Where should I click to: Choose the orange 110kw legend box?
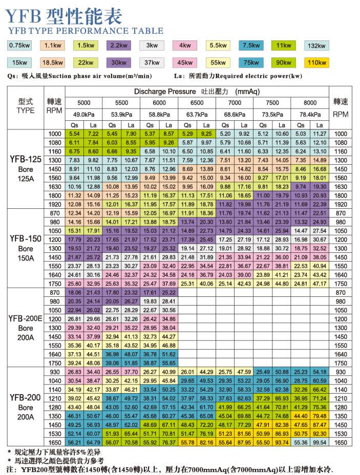(x=317, y=62)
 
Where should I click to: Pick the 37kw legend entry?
(x=151, y=62)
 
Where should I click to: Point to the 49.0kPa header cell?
(x=83, y=113)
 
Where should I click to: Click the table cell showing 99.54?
(x=320, y=442)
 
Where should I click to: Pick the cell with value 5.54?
(x=74, y=134)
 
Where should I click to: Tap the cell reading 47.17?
(x=320, y=283)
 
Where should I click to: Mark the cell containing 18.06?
(x=74, y=292)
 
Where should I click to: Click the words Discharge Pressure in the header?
(x=165, y=92)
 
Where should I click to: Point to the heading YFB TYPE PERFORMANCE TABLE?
(x=86, y=31)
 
